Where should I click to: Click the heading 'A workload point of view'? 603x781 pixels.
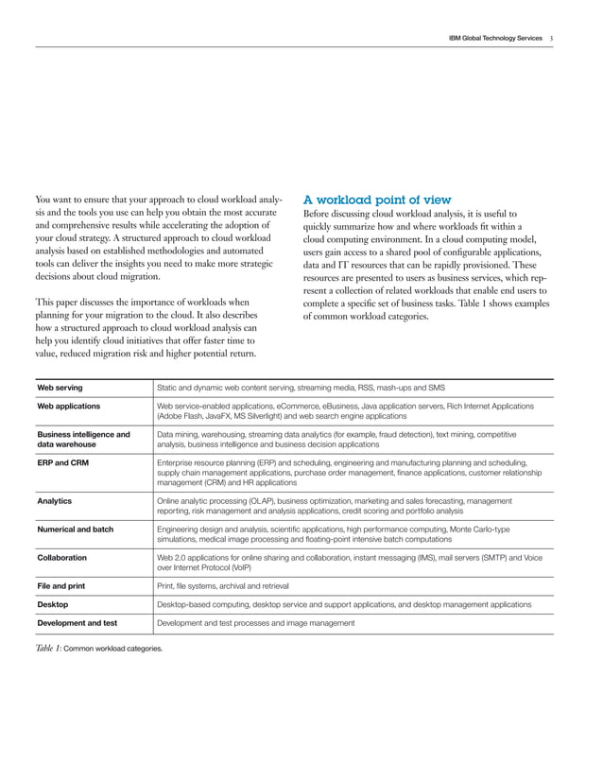(x=376, y=200)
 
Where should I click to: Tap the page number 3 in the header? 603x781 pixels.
(x=552, y=38)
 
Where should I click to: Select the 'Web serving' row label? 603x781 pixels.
(x=60, y=388)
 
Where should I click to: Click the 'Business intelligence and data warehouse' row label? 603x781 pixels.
(x=82, y=439)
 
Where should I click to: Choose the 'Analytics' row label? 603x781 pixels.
(x=54, y=501)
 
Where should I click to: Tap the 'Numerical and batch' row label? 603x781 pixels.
(x=75, y=529)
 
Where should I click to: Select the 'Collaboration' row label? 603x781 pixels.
(x=62, y=558)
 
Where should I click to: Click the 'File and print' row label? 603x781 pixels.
(x=61, y=586)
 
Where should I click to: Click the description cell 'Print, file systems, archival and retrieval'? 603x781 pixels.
(x=232, y=586)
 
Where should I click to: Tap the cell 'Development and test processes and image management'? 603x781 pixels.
(x=255, y=623)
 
